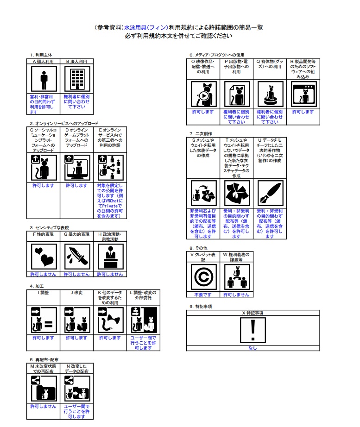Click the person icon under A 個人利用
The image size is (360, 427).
coord(44,79)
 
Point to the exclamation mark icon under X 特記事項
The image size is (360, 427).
coord(253,331)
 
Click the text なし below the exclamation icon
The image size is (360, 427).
coord(253,348)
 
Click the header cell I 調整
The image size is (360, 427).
coord(44,293)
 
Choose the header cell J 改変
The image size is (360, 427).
coord(76,293)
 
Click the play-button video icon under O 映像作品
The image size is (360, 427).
coord(203,94)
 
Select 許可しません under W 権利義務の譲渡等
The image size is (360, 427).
coord(236,295)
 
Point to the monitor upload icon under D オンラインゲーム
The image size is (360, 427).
coord(76,168)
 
